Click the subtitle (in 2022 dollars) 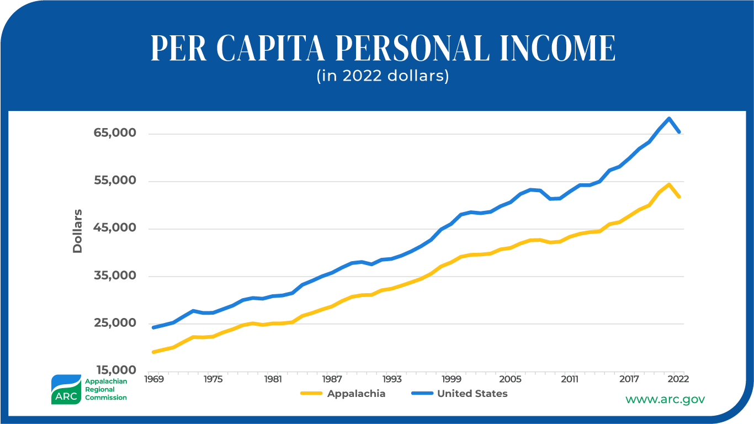383,76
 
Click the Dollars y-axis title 77,231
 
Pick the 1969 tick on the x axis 154,379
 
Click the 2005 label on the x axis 510,379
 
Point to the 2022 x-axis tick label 678,379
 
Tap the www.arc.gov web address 665,399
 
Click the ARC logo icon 66,390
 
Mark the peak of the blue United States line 669,119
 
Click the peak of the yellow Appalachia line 669,184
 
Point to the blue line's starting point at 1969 154,327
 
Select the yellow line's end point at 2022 678,196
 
